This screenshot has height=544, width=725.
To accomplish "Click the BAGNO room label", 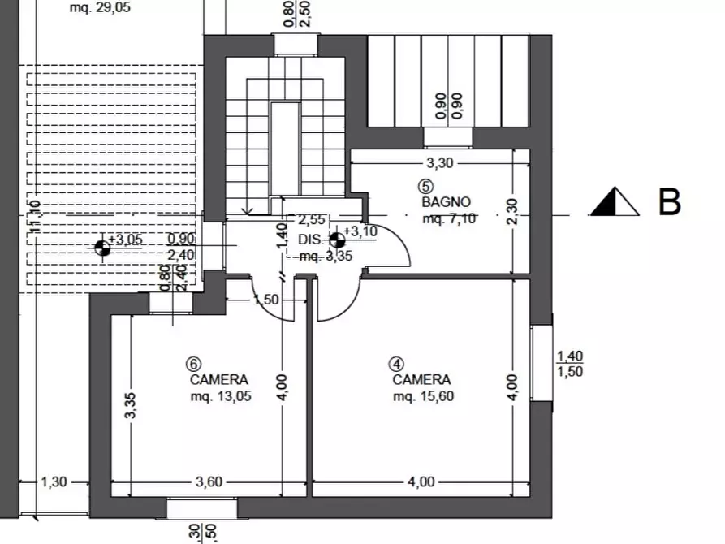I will point(446,201).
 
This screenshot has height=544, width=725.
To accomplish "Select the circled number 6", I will point(192,364).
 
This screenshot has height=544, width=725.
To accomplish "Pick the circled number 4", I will point(395,364).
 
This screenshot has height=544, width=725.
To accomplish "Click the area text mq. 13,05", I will point(219,396).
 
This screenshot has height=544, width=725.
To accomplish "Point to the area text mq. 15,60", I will point(422,396).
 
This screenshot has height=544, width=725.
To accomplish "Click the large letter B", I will point(669,203).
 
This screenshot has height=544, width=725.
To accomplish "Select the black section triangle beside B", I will point(615,202).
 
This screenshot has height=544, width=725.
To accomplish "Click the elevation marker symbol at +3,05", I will point(103,248).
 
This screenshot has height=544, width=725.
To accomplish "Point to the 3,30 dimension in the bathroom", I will point(439,162).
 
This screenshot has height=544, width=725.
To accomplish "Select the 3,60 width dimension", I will point(209,481).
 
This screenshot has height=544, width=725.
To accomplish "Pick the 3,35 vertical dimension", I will point(130,406).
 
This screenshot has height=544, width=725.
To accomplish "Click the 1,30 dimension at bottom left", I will point(54,481).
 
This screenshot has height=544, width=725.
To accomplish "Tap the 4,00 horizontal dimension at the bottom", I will point(421,481).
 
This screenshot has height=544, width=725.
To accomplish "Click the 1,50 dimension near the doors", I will point(265,300).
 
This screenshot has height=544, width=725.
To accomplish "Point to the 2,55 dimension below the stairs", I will point(311,219).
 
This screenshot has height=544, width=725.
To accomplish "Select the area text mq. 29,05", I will point(100,8).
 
